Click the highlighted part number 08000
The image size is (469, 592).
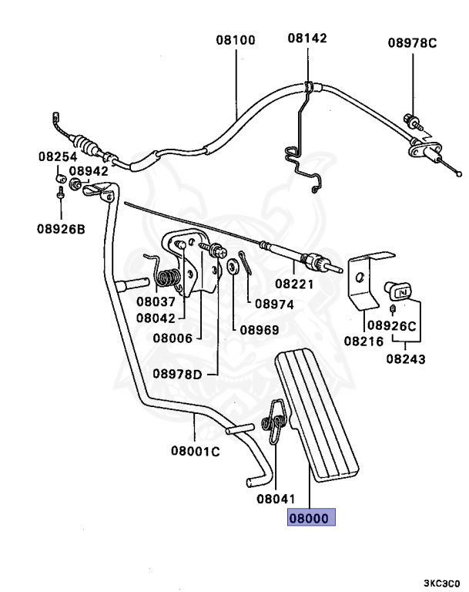click(x=312, y=519)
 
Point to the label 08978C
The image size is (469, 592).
click(x=412, y=43)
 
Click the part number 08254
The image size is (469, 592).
click(x=58, y=156)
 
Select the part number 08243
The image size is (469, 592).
click(x=406, y=358)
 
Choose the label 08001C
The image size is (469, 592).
click(x=195, y=451)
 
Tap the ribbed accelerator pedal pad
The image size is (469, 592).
click(x=320, y=416)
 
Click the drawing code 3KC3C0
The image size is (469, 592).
click(x=441, y=583)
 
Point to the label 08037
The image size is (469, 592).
click(x=156, y=301)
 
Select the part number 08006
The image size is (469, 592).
click(x=173, y=337)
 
